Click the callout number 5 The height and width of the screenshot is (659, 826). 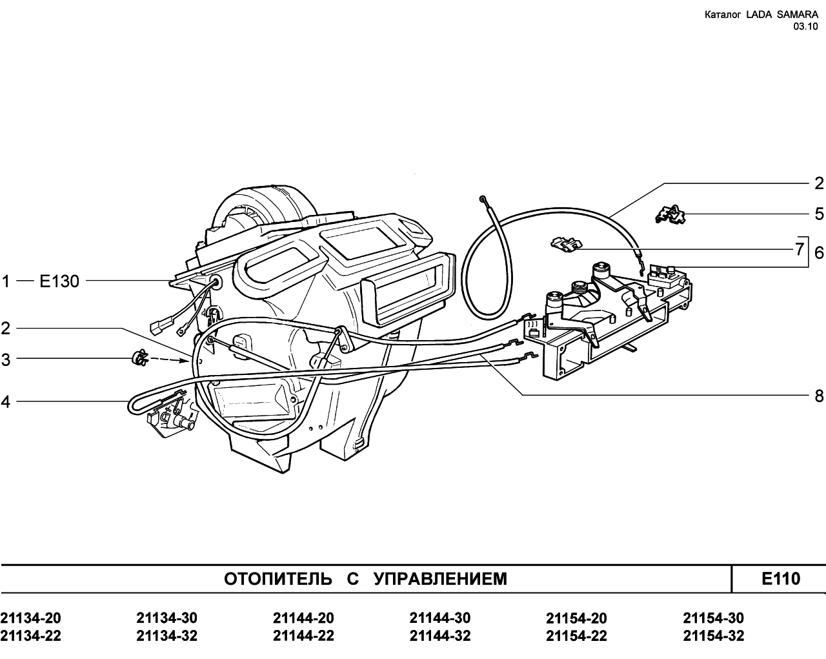pos(819,214)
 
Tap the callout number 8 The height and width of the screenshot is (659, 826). pos(819,396)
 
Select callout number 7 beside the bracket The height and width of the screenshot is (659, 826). pos(800,249)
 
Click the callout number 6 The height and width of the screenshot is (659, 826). pos(819,253)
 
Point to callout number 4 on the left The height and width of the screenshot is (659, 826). pos(5,402)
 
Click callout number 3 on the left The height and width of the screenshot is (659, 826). pos(5,360)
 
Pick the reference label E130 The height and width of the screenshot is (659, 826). pos(59,281)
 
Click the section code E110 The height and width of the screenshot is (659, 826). pos(781,578)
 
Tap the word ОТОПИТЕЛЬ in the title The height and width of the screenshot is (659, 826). pos(278,579)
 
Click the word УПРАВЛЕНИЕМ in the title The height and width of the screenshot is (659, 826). pos(440,579)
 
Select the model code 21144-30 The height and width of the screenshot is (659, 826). pos(440,618)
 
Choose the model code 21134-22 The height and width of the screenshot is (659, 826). pos(31,636)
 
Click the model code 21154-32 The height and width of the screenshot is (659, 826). pos(713,636)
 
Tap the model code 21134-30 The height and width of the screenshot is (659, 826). pos(167,618)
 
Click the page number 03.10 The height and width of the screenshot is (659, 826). pos(805,26)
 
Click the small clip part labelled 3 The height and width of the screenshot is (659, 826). pos(140,358)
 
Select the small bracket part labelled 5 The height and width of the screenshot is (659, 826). pos(670,214)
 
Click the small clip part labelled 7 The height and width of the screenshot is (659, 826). pos(566,245)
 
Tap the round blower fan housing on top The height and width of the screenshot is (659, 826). pos(265,209)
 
